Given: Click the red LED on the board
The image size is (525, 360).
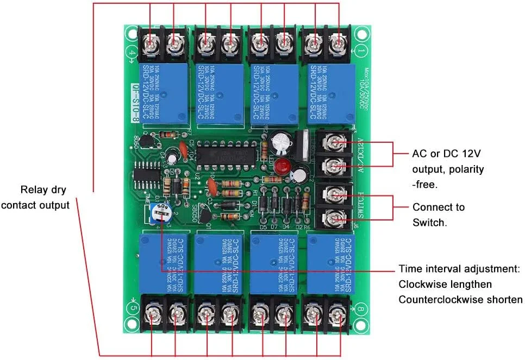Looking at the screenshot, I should pos(280,166).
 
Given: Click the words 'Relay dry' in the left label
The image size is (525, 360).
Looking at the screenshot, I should pos(45,190).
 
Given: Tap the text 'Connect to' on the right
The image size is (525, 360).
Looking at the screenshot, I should pos(438,207).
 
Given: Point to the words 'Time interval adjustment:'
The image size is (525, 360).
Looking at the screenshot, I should pos(460,269).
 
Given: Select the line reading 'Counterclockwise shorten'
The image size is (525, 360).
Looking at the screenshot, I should pos(460,300).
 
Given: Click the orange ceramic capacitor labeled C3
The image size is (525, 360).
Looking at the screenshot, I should pos(214,187).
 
